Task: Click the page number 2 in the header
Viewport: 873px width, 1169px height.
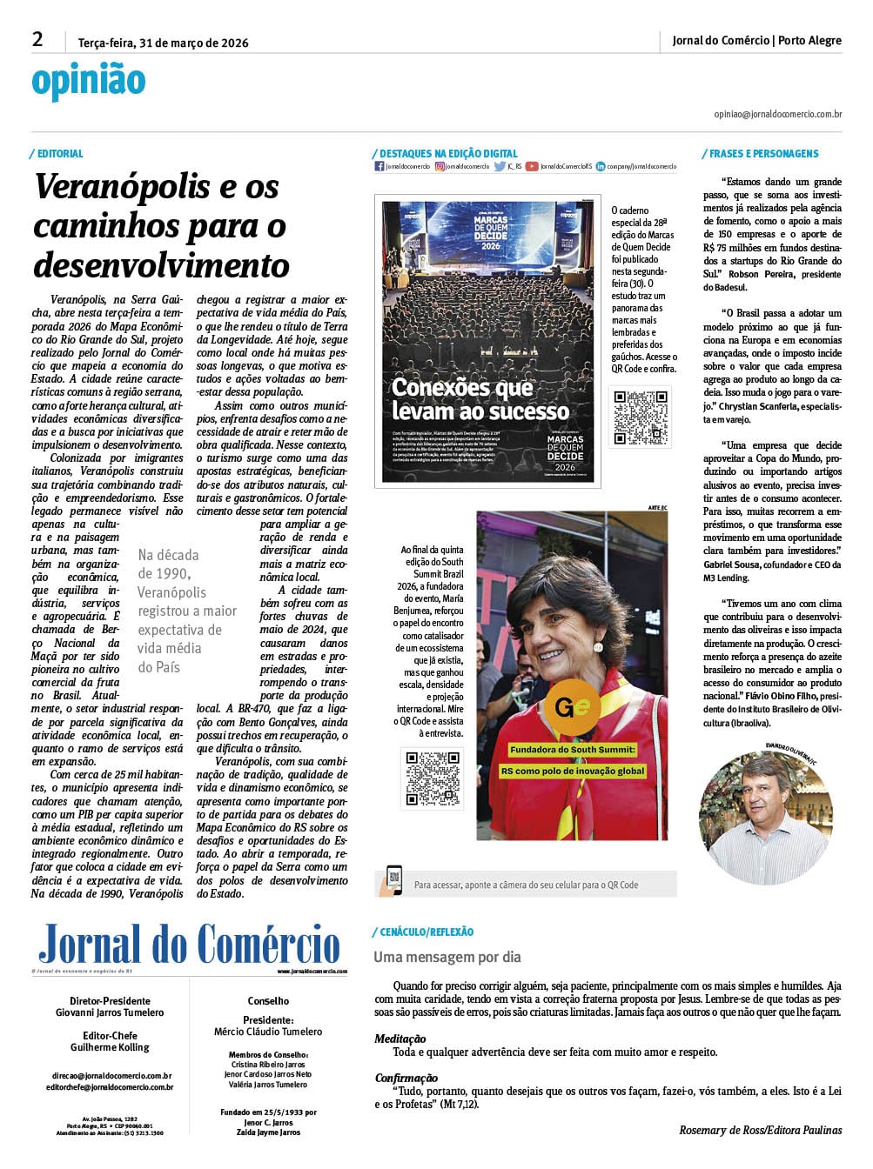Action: coord(37,39)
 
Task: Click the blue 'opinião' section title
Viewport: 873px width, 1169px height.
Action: coord(88,81)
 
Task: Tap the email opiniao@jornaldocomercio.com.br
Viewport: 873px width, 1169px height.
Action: coord(777,114)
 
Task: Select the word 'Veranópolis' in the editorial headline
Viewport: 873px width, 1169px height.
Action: coord(122,186)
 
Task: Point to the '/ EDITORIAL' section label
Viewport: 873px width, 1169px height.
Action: coord(57,154)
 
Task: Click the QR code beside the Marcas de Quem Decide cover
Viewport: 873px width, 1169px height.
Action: coord(641,417)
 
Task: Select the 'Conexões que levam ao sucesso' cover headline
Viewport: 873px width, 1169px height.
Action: coord(480,398)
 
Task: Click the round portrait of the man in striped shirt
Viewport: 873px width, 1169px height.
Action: coord(766,818)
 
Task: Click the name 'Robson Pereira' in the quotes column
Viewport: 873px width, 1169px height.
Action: coord(763,274)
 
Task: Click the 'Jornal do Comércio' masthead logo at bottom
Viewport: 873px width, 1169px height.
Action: coord(189,945)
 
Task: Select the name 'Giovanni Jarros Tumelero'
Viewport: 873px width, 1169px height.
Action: coord(110,1012)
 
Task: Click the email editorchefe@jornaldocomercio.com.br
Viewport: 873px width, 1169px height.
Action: coord(110,1087)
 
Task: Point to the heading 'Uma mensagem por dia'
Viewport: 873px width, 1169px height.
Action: coord(447,958)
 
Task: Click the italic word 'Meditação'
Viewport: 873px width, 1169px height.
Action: coord(400,1039)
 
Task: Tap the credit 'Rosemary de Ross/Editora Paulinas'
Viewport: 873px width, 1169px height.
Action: coord(760,1130)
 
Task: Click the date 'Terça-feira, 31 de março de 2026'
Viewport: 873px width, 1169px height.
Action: coord(163,43)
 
